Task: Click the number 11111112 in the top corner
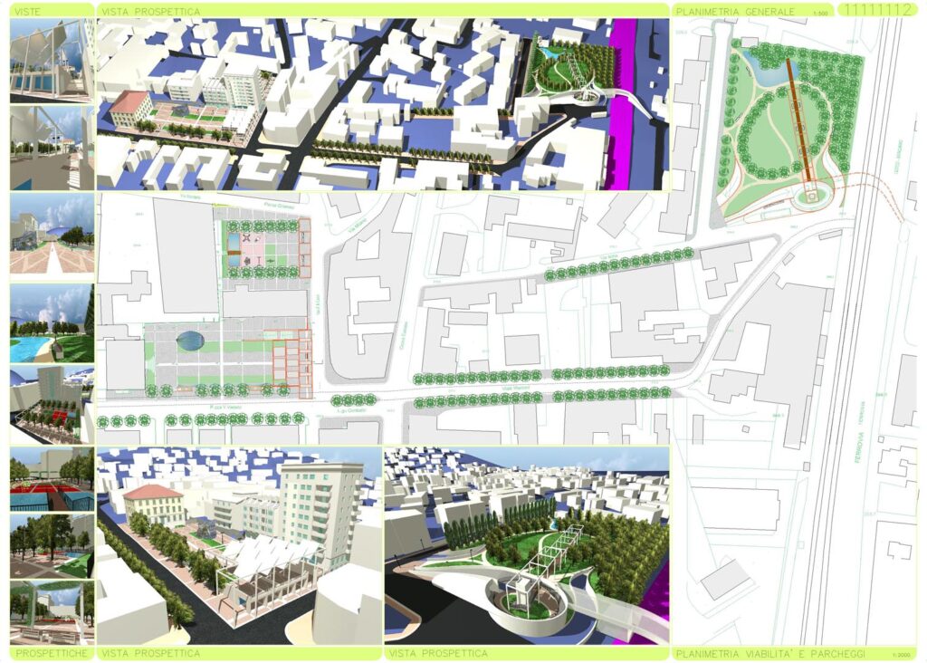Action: (x=874, y=10)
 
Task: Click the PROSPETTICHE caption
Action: (x=52, y=652)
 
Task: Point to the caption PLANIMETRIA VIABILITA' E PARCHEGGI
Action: (x=769, y=653)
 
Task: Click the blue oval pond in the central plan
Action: (x=190, y=341)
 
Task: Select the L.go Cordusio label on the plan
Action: (x=349, y=410)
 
